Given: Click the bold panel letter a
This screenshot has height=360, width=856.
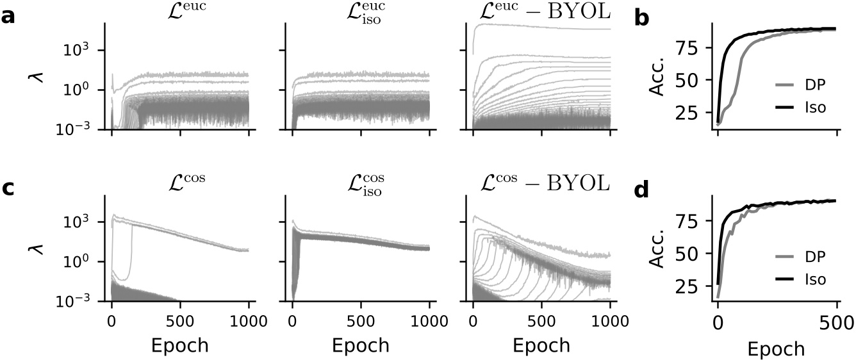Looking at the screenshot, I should pyautogui.click(x=8, y=17).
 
